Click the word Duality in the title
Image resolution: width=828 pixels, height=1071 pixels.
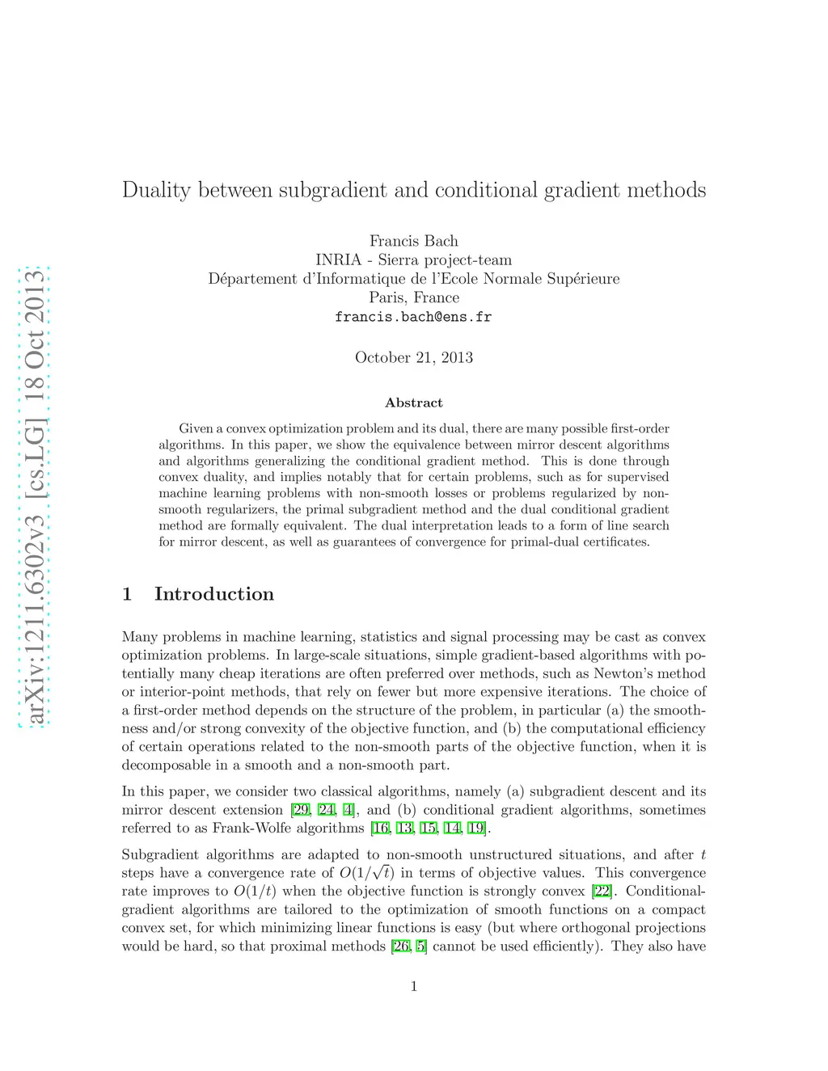pos(156,191)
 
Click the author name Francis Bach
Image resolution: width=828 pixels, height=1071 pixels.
pos(414,241)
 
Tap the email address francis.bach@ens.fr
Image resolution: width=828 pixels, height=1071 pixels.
pos(413,317)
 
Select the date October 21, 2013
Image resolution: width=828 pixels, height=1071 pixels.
pos(414,357)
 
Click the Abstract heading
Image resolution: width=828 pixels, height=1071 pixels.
pos(414,403)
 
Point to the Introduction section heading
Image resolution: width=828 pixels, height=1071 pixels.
pos(213,594)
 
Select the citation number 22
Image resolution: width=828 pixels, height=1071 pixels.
pos(602,892)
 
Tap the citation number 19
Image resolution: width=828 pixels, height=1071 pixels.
pos(476,829)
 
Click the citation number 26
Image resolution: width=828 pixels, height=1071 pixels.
pos(400,947)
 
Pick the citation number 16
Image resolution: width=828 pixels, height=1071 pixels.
pos(379,829)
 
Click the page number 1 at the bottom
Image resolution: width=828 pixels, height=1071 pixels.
pos(414,986)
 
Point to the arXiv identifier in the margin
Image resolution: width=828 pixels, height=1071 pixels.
pos(35,498)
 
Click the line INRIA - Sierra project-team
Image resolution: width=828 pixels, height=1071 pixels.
pos(414,260)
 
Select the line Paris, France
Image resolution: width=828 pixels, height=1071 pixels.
pos(414,297)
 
